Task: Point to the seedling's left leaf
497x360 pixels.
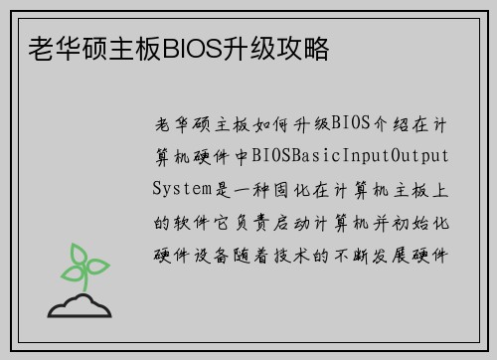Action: tap(71, 270)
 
